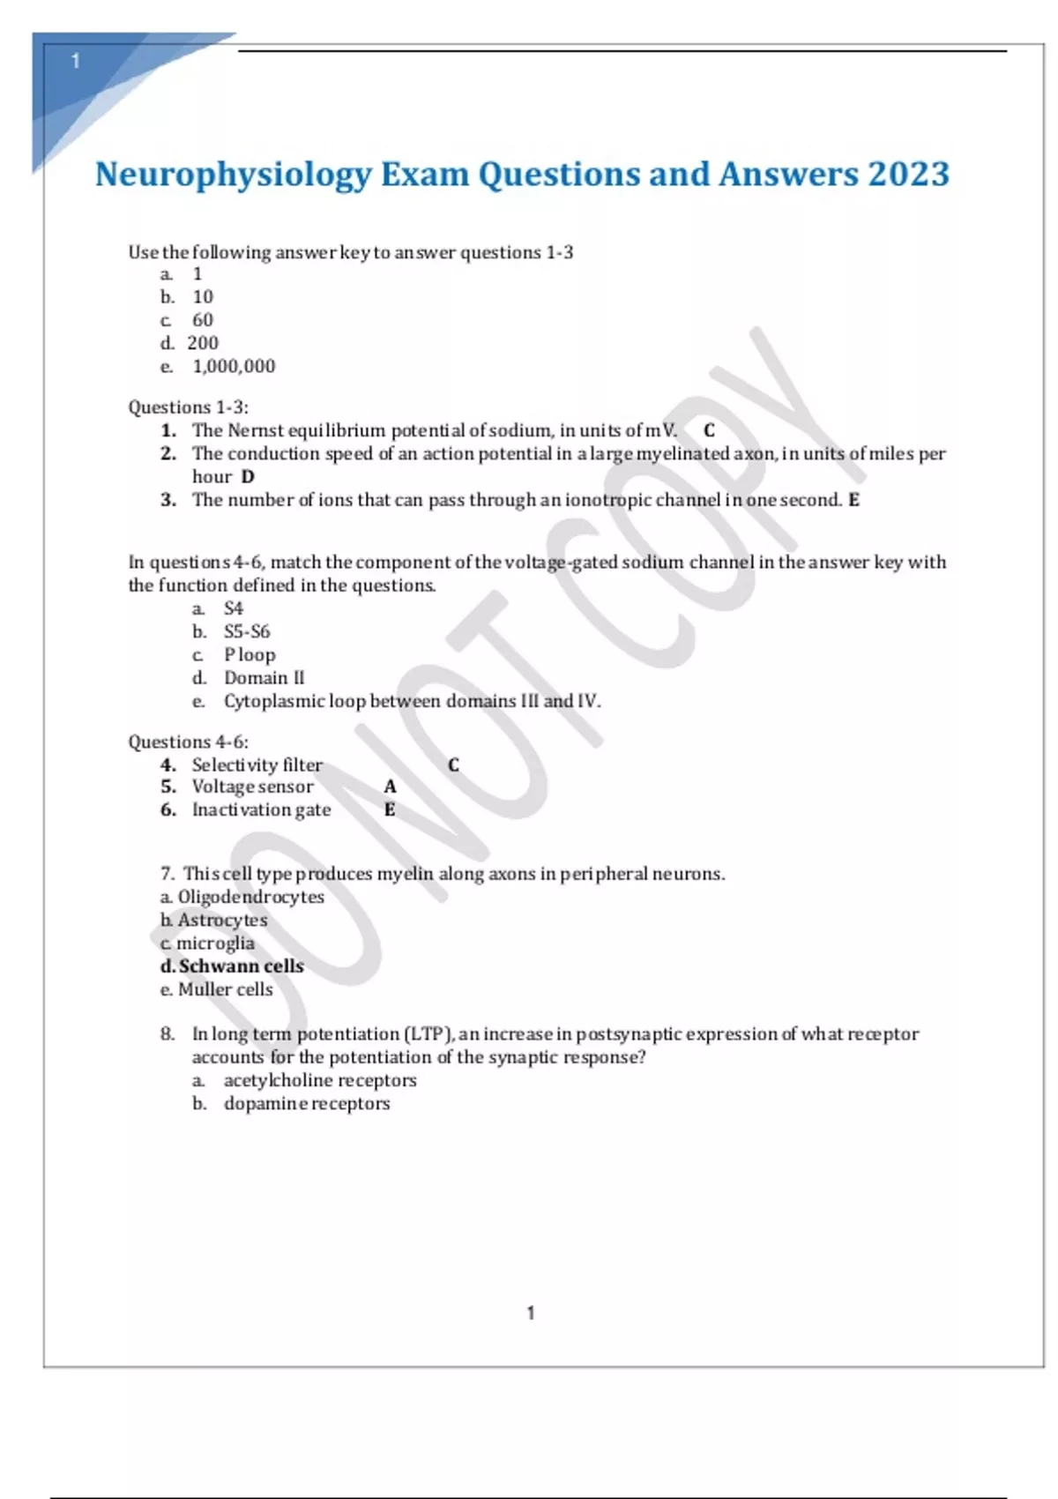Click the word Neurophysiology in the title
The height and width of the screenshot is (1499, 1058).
pos(234,175)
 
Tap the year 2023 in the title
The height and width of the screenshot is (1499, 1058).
pos(908,175)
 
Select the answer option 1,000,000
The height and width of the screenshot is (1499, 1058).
pos(234,366)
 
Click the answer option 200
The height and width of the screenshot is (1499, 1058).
pos(203,343)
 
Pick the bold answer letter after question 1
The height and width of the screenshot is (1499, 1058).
pos(709,430)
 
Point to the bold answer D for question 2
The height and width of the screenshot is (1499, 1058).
pos(248,477)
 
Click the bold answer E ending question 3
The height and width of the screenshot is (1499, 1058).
pos(853,500)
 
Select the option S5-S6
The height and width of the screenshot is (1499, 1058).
pos(247,631)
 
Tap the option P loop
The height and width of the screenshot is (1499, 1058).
pos(250,654)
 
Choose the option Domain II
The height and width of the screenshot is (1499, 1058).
pos(264,678)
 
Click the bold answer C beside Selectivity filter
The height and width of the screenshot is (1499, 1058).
pos(453,764)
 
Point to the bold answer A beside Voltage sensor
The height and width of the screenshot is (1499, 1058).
pos(390,787)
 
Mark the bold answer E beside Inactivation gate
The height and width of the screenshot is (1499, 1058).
pos(390,809)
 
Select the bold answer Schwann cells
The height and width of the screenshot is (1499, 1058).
pos(241,966)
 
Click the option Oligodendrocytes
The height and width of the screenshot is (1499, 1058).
pos(250,897)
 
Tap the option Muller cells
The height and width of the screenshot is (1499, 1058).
pos(225,989)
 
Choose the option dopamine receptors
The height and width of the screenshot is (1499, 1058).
pos(306,1104)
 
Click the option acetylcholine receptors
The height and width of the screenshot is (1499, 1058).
pos(319,1080)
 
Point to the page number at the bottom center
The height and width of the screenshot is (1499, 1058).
pos(531,1313)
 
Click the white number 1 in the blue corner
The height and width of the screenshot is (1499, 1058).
pos(76,61)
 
